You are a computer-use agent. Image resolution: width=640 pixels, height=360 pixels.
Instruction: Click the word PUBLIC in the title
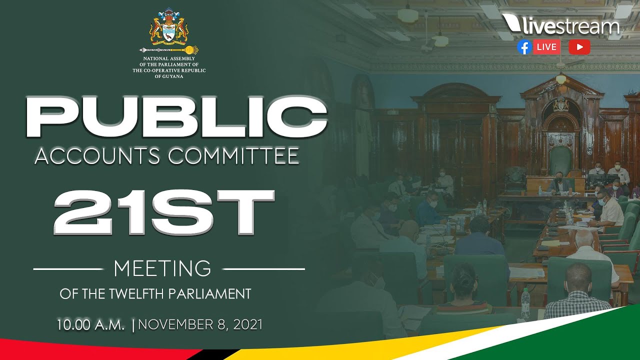(176, 118)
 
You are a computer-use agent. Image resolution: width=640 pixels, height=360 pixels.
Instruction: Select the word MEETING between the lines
(162, 269)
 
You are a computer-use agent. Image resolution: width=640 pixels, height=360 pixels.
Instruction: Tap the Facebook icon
(524, 47)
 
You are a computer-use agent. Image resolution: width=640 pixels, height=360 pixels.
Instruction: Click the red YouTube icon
(579, 47)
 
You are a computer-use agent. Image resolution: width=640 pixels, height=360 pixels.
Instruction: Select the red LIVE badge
(546, 47)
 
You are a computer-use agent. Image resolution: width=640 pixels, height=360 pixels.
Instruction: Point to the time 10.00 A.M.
(90, 325)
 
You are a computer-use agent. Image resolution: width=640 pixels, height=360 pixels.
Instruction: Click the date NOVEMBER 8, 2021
(200, 325)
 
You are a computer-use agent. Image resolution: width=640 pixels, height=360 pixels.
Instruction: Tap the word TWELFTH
(141, 294)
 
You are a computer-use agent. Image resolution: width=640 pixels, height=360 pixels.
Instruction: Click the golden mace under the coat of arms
(169, 50)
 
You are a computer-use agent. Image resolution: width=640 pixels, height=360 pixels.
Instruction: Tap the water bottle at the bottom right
(525, 303)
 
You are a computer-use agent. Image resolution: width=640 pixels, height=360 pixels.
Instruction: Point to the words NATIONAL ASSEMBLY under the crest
(169, 58)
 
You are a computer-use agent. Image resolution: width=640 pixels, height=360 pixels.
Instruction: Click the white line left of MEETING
(68, 269)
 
